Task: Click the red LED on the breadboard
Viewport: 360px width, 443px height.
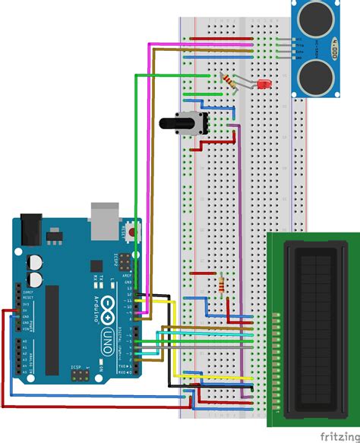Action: [265, 84]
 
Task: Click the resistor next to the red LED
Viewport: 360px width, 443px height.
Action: [226, 79]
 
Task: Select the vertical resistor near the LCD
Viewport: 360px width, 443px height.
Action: [221, 285]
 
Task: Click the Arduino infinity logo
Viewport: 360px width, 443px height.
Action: [108, 308]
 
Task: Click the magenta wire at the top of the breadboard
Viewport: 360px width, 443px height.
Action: [197, 44]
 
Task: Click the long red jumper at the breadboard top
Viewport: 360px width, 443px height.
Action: [220, 37]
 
